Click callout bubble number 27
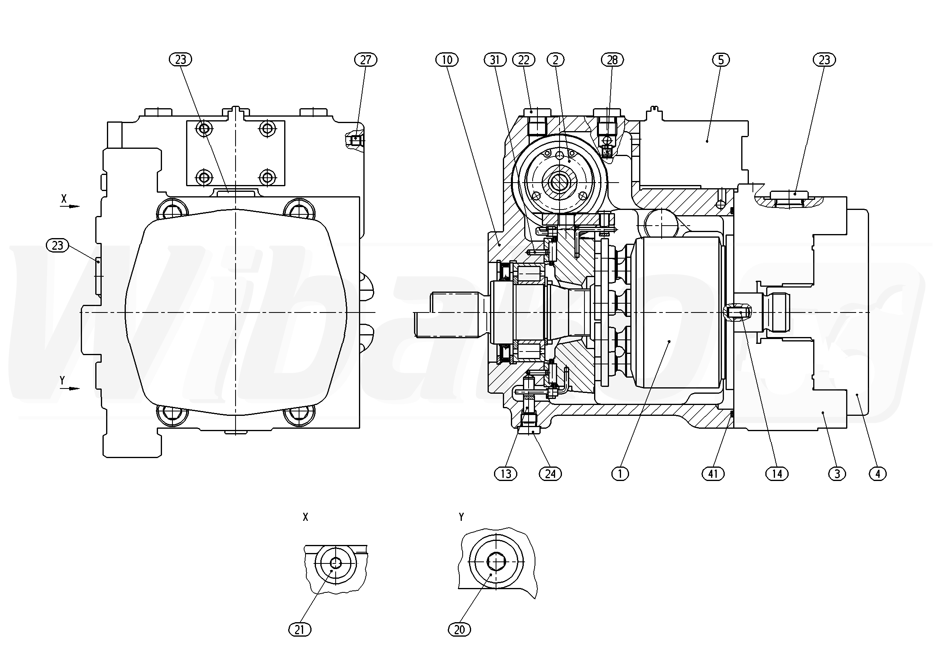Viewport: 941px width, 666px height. tap(365, 60)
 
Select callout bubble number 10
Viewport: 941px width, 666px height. tap(447, 60)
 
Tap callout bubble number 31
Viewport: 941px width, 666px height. tap(495, 60)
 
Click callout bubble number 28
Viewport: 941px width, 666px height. tap(612, 60)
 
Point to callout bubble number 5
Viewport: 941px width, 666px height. tap(721, 60)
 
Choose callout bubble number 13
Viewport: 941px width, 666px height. tap(506, 474)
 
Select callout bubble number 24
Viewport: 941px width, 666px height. tap(550, 474)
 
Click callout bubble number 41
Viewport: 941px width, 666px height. tap(713, 474)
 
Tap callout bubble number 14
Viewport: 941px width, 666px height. tap(777, 474)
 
